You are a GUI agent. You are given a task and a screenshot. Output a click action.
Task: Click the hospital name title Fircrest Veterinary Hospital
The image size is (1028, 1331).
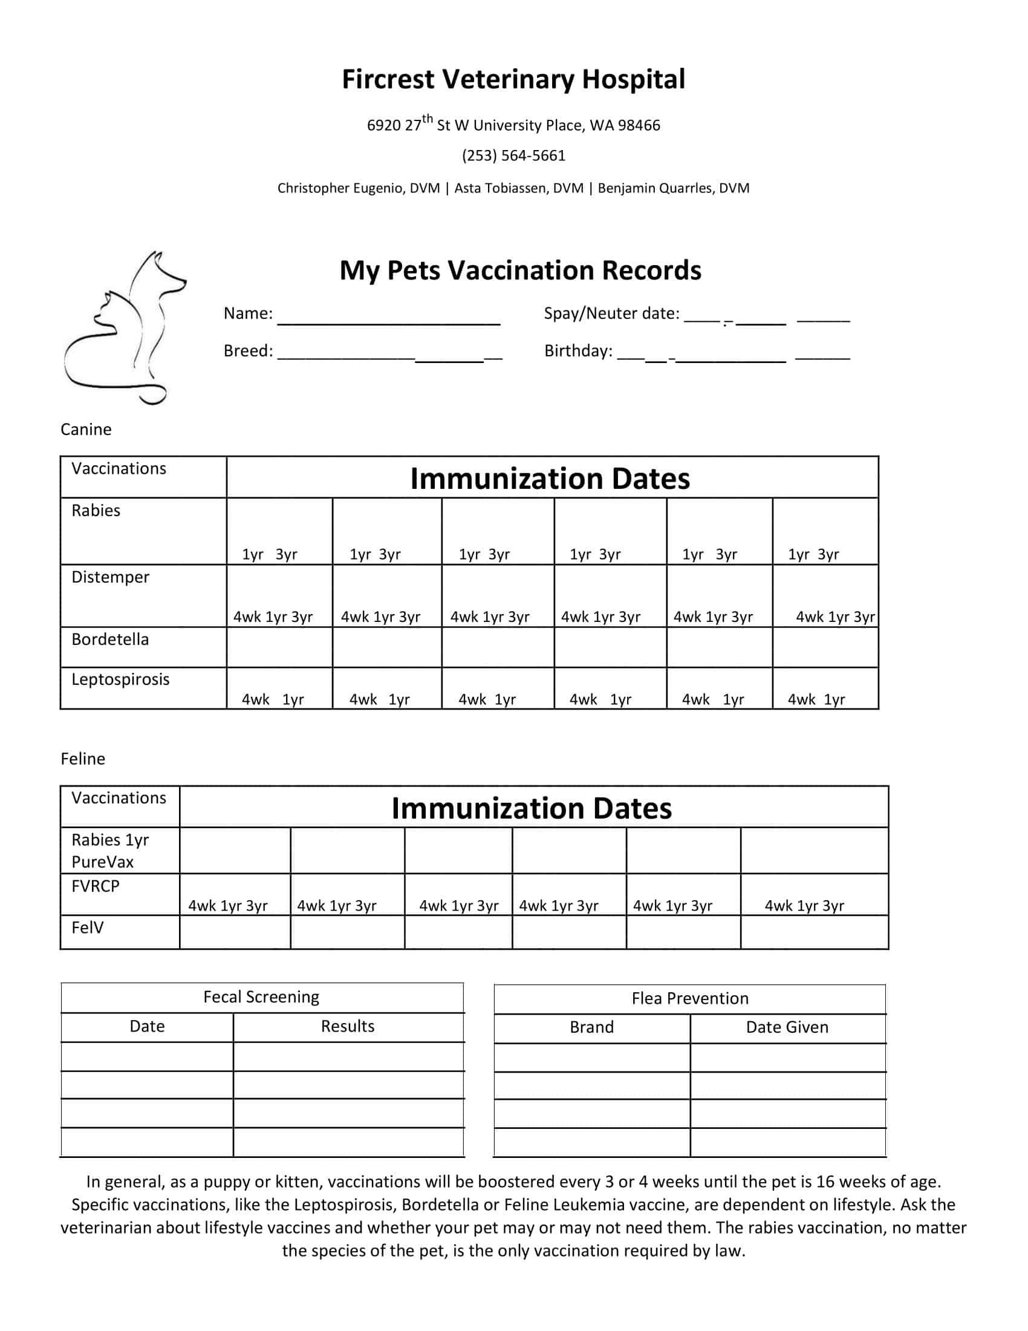[x=513, y=80]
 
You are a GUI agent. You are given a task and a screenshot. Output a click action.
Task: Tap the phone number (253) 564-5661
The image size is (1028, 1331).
[x=513, y=156]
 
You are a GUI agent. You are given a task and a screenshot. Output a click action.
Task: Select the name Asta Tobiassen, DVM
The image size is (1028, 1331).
[x=519, y=188]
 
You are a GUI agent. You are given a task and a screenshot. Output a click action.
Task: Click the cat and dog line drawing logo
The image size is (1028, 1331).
[x=124, y=327]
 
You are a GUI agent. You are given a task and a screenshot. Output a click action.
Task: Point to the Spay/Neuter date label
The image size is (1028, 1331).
[x=611, y=313]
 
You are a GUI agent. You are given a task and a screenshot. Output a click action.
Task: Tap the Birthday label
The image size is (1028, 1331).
[x=578, y=351]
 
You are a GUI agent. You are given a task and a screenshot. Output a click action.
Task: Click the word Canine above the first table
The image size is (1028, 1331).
[x=86, y=430]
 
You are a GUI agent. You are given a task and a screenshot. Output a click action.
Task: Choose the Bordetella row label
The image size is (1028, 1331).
[x=110, y=639]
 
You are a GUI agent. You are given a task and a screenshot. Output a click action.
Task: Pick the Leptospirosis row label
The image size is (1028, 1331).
[x=120, y=679]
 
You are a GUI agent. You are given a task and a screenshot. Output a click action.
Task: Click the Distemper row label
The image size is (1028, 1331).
[x=110, y=577]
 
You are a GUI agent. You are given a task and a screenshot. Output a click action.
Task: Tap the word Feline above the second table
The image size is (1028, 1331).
[x=83, y=759]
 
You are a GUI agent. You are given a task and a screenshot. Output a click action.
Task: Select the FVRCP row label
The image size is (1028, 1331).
[x=96, y=886]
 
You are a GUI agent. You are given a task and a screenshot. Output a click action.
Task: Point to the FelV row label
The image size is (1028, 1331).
[x=88, y=927]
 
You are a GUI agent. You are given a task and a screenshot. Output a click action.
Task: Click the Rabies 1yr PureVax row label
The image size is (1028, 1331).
[x=110, y=851]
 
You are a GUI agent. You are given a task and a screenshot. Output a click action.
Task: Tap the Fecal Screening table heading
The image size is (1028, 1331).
[x=261, y=997]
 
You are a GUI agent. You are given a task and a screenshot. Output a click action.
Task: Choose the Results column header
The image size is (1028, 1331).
[x=348, y=1026]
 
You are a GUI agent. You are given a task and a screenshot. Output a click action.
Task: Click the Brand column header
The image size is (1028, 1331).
[x=591, y=1027]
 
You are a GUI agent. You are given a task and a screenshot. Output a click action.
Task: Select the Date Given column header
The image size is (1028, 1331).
[x=787, y=1027]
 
